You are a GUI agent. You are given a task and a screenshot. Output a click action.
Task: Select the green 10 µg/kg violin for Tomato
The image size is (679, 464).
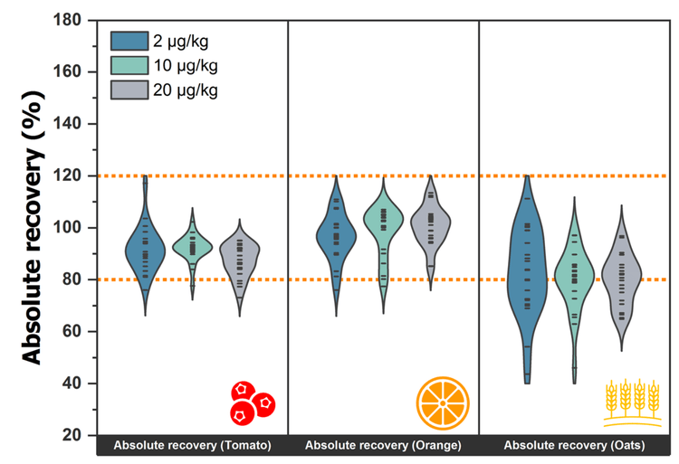tap(192, 246)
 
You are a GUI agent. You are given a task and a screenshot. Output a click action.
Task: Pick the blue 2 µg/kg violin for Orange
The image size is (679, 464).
tap(336, 237)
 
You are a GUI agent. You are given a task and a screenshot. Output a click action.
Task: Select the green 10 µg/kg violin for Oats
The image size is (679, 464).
tap(573, 271)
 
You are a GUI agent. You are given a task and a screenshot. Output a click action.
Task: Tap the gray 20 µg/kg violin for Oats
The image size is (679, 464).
tap(621, 271)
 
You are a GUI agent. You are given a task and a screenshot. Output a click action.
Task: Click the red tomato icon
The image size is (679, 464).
tap(252, 402)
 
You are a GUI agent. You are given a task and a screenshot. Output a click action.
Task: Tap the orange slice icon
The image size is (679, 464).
tap(444, 402)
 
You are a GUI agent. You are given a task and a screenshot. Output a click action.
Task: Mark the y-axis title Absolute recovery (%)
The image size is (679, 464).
tap(32, 226)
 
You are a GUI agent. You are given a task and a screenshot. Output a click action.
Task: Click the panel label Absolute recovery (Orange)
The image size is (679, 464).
tap(383, 446)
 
